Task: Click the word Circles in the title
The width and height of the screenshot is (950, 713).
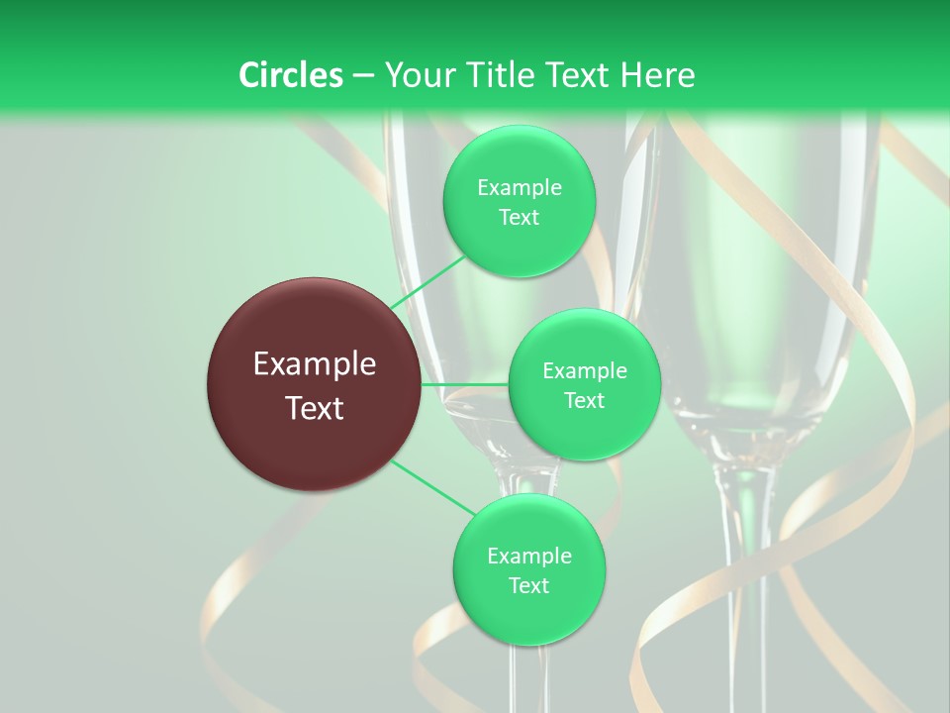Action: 291,75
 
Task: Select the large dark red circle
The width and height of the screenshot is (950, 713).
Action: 315,384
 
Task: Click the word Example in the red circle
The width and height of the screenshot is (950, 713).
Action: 315,364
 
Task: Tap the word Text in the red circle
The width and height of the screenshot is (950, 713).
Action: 315,408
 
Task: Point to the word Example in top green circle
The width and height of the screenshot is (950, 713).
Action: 519,188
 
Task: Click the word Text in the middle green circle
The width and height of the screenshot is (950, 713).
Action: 584,401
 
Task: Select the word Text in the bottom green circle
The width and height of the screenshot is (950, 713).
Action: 528,586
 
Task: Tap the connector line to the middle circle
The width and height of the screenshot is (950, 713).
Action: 465,384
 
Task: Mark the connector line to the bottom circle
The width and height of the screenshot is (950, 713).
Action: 433,487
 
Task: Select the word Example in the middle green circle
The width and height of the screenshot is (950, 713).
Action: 584,371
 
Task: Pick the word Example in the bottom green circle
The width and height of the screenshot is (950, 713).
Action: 528,557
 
